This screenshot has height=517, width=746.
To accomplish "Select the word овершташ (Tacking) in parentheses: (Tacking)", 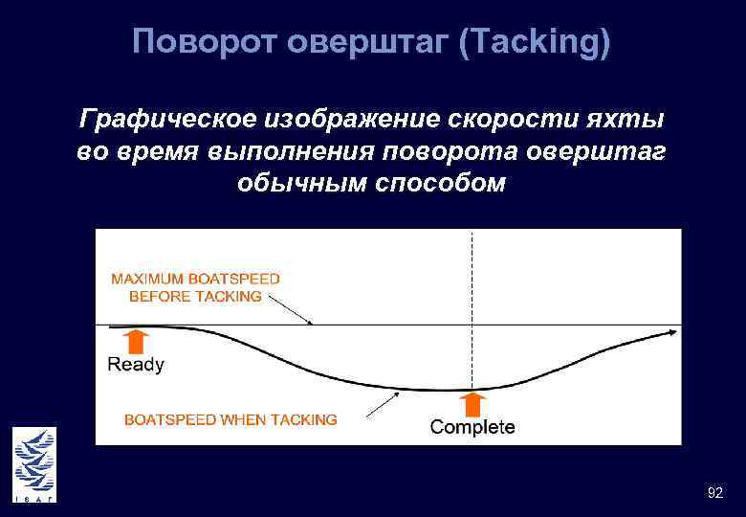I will [534, 43].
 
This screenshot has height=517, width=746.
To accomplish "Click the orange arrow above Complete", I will [472, 404].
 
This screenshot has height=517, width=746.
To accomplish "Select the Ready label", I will [136, 365].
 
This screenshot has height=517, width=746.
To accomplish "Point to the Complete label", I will [472, 428].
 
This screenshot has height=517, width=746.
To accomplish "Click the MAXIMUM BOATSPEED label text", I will [196, 279].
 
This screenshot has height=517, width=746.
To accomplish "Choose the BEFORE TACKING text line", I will [195, 296].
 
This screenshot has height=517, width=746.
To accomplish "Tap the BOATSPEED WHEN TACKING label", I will [230, 419].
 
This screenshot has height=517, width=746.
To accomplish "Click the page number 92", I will [714, 493].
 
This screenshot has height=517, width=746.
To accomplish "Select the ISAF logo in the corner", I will [34, 464].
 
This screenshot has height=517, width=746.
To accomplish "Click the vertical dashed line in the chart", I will [472, 287].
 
